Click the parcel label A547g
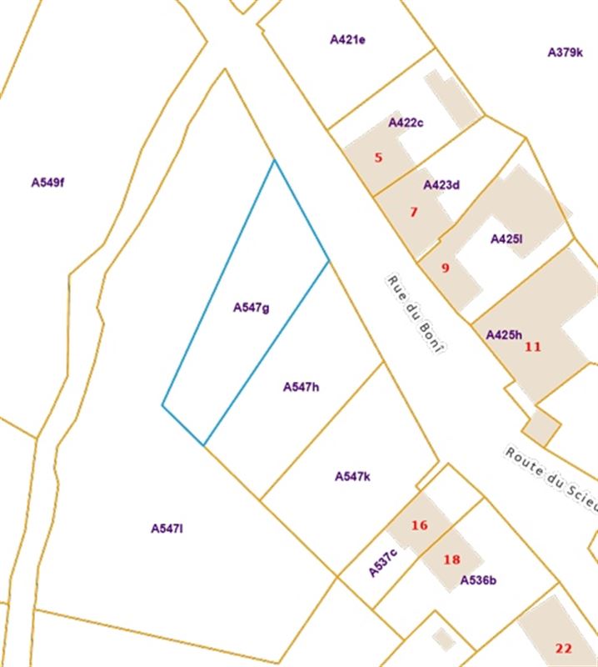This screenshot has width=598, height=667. [x=251, y=308]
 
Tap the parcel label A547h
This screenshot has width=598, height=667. [x=301, y=387]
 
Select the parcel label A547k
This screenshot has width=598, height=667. [x=352, y=476]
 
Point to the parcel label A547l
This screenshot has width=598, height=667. [x=167, y=528]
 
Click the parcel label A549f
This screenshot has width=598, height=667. [x=47, y=182]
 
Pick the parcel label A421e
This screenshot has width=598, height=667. [x=347, y=38]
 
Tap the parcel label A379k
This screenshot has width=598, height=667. [x=565, y=52]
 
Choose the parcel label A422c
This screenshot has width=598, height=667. [x=406, y=123]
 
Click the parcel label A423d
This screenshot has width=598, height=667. [x=441, y=185]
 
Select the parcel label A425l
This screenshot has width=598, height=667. [x=506, y=239]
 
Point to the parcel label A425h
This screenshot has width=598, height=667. [x=503, y=334]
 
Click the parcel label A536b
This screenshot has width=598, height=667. [x=478, y=580]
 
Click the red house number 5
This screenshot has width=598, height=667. [x=378, y=157]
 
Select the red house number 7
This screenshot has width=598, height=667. [x=413, y=212]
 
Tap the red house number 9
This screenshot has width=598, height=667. [x=445, y=268]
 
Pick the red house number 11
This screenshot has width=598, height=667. [x=533, y=346]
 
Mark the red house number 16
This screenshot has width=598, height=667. [x=419, y=525]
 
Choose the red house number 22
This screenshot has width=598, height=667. [x=564, y=648]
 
